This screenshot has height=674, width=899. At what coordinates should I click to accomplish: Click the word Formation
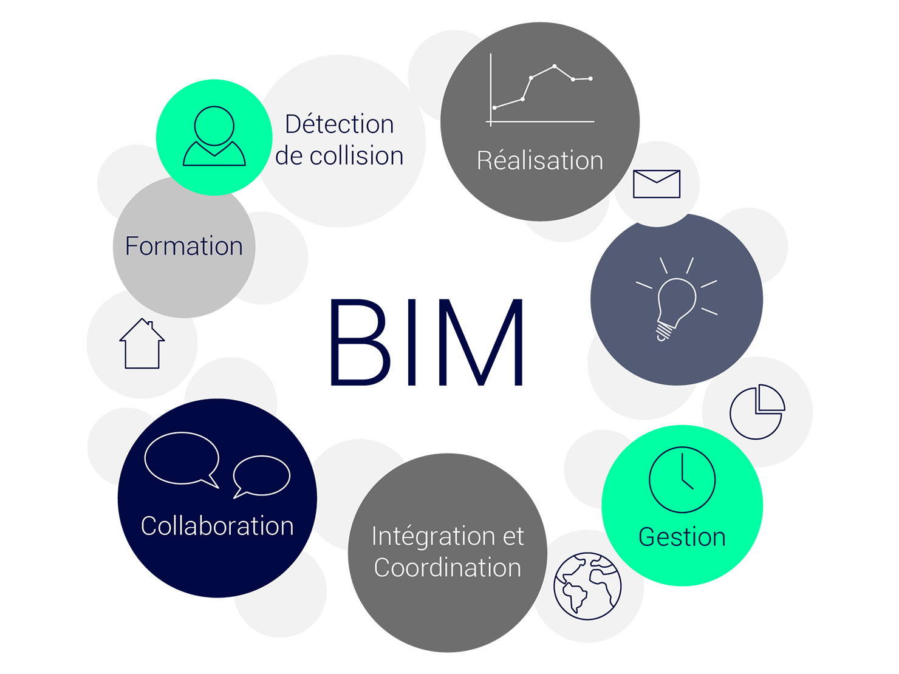click(183, 246)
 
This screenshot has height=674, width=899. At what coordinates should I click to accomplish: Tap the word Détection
click(340, 124)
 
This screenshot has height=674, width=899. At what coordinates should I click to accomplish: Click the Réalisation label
click(539, 161)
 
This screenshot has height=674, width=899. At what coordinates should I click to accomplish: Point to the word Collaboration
click(217, 526)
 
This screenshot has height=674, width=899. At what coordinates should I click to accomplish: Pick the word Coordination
click(448, 568)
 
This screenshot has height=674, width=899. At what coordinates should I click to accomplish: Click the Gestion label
click(682, 537)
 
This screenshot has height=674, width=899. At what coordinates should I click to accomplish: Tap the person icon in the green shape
click(214, 137)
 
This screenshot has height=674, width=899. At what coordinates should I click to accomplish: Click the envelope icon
click(657, 183)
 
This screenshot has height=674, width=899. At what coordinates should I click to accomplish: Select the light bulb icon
click(675, 304)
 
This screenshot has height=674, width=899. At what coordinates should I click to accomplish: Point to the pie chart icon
click(757, 412)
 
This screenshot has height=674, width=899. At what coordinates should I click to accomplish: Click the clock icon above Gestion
click(682, 480)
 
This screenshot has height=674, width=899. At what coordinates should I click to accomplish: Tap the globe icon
click(587, 586)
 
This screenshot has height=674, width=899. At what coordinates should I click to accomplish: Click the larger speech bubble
click(182, 458)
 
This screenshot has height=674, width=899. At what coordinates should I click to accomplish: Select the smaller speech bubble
click(262, 475)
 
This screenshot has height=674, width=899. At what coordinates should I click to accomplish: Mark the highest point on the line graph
click(555, 66)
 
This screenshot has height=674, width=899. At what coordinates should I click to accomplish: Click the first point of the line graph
click(494, 108)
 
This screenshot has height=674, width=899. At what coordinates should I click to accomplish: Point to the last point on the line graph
click(590, 78)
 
